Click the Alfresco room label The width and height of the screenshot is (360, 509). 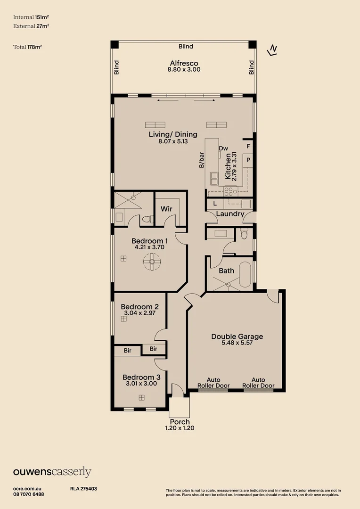(x=184, y=63)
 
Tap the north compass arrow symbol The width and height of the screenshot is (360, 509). (x=272, y=50)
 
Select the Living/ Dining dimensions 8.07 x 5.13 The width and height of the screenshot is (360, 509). (x=173, y=141)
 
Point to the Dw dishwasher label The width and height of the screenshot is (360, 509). (x=223, y=148)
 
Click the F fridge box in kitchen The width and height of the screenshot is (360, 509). (x=248, y=147)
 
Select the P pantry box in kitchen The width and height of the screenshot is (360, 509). (x=248, y=161)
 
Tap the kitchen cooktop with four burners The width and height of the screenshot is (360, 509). (x=230, y=191)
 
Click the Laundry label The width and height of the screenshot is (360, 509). (x=230, y=214)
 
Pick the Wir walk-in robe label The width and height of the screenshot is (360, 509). (x=166, y=208)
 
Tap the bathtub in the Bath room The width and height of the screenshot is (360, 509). (x=245, y=275)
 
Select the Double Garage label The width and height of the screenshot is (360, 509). (x=237, y=337)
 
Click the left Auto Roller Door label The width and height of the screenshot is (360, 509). (x=214, y=383)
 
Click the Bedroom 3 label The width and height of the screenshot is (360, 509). (x=141, y=377)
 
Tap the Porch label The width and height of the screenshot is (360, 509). (x=180, y=422)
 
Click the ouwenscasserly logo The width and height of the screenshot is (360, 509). (x=52, y=472)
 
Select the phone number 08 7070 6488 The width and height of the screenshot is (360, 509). (x=29, y=494)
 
